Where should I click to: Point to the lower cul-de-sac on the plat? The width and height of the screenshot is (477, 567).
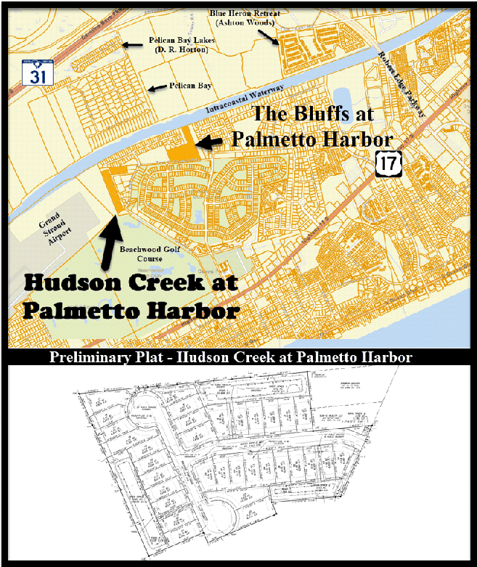pos(228,517)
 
